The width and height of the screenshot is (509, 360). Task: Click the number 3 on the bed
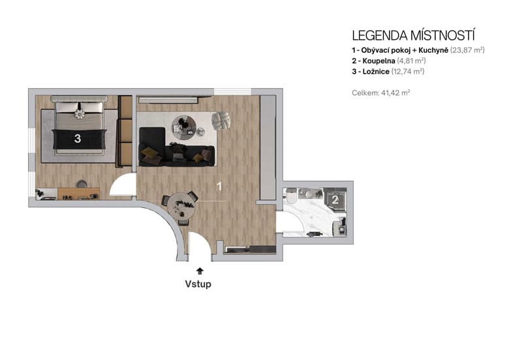(78, 138)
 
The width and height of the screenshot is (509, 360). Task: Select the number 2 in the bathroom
(335, 200)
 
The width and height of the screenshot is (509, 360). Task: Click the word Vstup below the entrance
(199, 284)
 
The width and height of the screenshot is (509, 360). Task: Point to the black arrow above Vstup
(199, 270)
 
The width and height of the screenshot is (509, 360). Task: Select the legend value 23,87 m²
(467, 50)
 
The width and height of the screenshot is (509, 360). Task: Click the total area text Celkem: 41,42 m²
(380, 93)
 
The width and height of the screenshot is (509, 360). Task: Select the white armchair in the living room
(222, 121)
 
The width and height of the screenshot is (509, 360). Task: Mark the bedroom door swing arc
(122, 186)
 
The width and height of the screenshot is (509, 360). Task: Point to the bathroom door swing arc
(291, 222)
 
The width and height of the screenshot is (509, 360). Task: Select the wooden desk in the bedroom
(78, 193)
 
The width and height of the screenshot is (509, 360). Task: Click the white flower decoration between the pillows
(80, 115)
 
